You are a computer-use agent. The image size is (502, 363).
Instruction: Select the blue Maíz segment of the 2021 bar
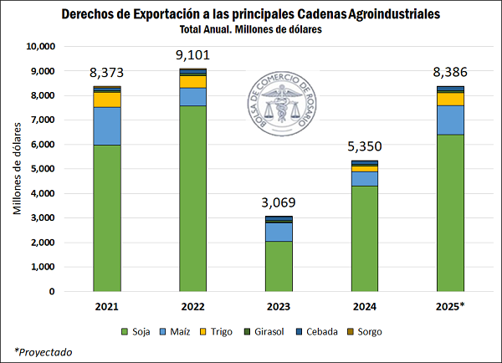(106, 125)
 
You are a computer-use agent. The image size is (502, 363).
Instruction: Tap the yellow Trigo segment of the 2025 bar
(450, 99)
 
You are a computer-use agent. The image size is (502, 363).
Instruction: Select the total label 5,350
(364, 149)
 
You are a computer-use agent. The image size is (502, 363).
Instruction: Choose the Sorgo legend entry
(363, 332)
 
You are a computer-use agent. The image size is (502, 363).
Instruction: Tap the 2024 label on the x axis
(364, 307)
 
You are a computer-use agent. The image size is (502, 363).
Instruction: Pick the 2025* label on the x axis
(450, 307)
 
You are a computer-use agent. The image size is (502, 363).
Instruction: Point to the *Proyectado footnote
(43, 351)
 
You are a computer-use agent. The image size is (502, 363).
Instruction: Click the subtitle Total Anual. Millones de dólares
(250, 29)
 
